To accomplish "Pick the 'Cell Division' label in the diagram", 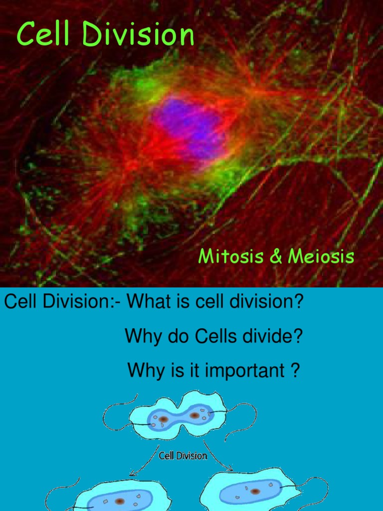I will click(183, 456).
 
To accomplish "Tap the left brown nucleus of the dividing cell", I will click(163, 419).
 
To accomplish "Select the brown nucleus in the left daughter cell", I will click(120, 501).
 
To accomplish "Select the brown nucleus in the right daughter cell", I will click(255, 491).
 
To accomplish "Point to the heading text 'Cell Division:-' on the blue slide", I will click(60, 302).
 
